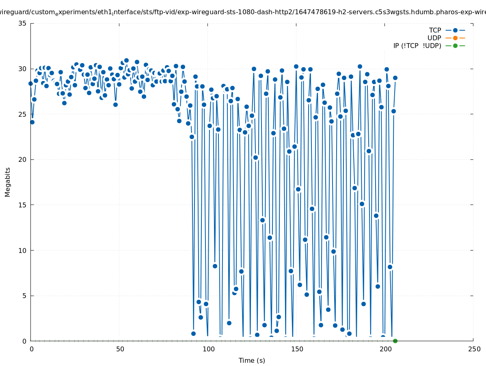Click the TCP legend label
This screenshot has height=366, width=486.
tap(435, 30)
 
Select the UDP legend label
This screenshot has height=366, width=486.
tap(434, 38)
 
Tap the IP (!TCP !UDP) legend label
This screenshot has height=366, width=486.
tap(417, 46)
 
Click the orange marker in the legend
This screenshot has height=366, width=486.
tap(455, 38)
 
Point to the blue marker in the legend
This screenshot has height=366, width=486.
tap(455, 30)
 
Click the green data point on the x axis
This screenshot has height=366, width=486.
tap(395, 341)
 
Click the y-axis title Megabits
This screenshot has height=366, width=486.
tap(8, 182)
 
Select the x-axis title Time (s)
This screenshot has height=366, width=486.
tap(252, 360)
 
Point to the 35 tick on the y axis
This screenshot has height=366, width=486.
tap(23, 23)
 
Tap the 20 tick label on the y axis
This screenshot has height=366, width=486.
tap(23, 159)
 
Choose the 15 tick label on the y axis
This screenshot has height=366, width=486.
tap(23, 205)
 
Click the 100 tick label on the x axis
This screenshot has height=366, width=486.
tap(208, 349)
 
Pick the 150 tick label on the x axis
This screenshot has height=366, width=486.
tap(297, 349)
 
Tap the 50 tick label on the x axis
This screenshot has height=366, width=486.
tap(120, 349)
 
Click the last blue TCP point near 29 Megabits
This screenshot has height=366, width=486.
tap(395, 78)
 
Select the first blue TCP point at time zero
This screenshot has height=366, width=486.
tap(30, 83)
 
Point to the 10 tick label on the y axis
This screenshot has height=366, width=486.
tap(23, 251)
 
